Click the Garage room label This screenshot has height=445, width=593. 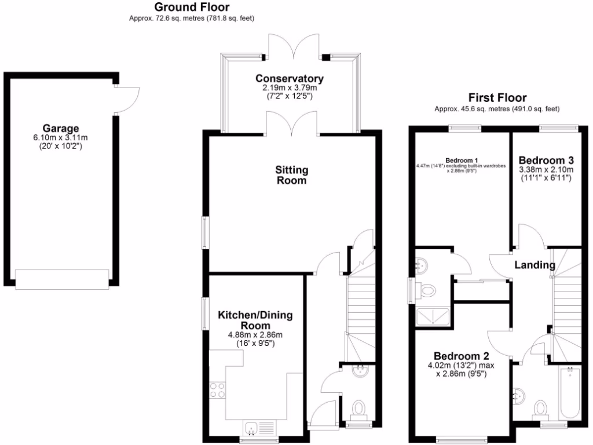(60, 128)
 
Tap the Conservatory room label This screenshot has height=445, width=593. (290, 78)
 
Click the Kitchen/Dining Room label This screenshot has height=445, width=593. (255, 320)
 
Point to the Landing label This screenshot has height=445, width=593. (535, 265)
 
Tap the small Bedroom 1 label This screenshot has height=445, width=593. (462, 161)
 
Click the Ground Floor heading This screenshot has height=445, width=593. (192, 8)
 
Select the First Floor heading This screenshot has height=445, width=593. (497, 97)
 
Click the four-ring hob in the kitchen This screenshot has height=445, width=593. (217, 390)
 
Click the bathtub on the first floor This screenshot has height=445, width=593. (570, 394)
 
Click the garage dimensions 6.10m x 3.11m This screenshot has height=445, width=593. (60, 138)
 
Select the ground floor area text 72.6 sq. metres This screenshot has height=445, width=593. (192, 19)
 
